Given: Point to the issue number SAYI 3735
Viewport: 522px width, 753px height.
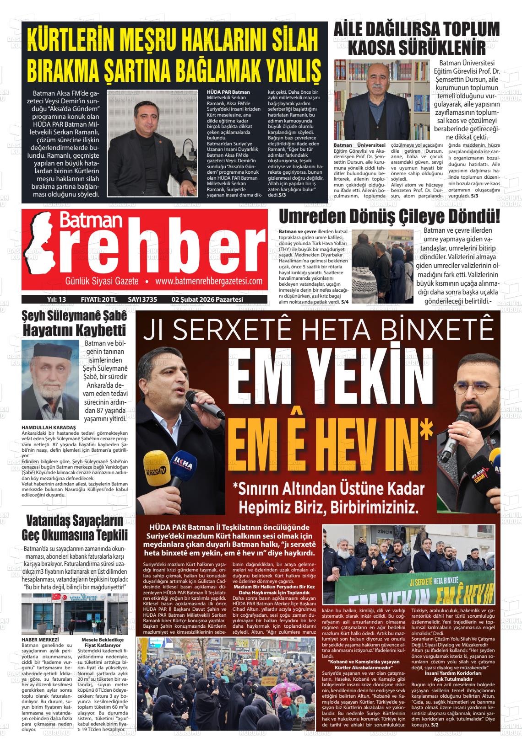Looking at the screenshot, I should click(142, 299).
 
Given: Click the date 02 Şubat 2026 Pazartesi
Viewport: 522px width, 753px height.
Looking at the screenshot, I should click(207, 299).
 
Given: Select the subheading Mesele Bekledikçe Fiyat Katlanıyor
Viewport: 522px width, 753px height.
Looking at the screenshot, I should click(101, 642).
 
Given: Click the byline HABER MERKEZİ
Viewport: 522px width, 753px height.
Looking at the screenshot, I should click(40, 639).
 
